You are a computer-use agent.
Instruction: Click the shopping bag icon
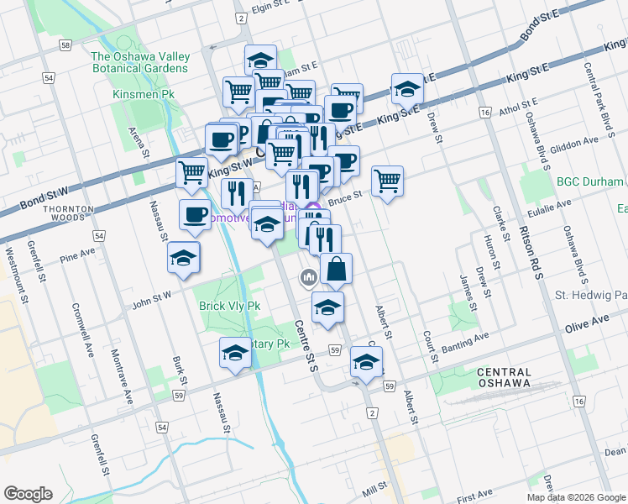pos(336,269)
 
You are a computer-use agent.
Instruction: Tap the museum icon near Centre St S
pos(308,276)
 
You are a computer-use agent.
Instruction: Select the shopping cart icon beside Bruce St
pos(387,179)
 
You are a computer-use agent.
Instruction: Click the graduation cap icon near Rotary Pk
pos(236,353)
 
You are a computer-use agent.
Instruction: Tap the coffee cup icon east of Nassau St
pos(196,214)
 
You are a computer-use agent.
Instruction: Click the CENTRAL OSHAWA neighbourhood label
pos(504,377)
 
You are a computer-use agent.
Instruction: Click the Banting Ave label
pos(468,341)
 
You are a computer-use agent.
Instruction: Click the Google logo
pos(28,494)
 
